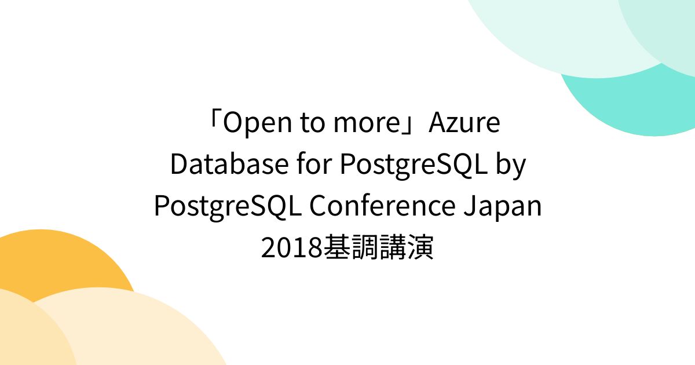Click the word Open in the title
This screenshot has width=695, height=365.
point(251,124)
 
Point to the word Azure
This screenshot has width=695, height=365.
point(464,124)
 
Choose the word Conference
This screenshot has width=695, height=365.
point(382,206)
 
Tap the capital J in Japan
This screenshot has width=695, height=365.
point(470,206)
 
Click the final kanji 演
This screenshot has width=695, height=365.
point(422,248)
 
